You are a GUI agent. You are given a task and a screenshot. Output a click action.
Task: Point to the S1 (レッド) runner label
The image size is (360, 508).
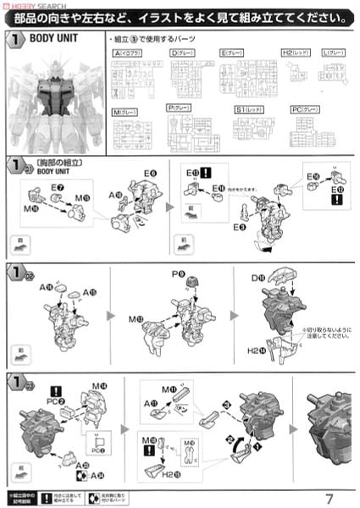point(248,109)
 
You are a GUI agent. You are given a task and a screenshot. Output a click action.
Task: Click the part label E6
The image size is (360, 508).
point(150,173)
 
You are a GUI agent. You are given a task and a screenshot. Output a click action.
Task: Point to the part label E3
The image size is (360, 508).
point(241,228)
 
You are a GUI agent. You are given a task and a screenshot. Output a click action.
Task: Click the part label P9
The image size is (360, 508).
point(178,274)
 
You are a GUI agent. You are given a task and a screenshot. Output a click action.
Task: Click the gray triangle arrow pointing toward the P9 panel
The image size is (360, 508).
point(111,315)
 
